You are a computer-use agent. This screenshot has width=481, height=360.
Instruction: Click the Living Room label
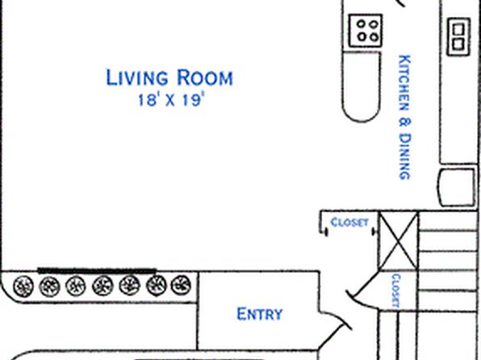pyautogui.click(x=169, y=77)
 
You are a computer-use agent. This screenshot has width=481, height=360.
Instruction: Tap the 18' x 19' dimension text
pyautogui.click(x=171, y=100)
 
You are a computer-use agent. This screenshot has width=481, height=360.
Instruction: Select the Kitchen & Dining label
pyautogui.click(x=404, y=117)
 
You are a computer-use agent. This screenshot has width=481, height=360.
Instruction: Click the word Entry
pyautogui.click(x=260, y=314)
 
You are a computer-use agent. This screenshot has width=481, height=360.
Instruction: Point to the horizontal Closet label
pyautogui.click(x=349, y=222)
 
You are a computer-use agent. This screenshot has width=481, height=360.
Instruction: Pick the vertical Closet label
pyautogui.click(x=395, y=291)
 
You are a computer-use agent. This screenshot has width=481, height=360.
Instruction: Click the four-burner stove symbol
pyautogui.click(x=366, y=31)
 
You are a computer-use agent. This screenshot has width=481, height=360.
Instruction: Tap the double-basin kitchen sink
pyautogui.click(x=458, y=37)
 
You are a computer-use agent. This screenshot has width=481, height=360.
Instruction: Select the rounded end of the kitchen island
pyautogui.click(x=361, y=114)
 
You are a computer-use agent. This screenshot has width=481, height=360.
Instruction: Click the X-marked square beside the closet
pyautogui.click(x=399, y=241)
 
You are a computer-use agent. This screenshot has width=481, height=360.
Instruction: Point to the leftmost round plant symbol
pyautogui.click(x=23, y=286)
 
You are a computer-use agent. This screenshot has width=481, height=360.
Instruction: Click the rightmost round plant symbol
pyautogui.click(x=181, y=285)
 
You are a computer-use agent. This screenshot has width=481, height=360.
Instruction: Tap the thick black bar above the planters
pyautogui.click(x=97, y=270)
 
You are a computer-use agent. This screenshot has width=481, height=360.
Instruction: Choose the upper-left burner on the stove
pyautogui.click(x=362, y=23)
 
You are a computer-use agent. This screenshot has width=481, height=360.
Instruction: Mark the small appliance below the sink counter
pyautogui.click(x=456, y=187)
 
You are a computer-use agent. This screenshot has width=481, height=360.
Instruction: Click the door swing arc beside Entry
pyautogui.click(x=339, y=317)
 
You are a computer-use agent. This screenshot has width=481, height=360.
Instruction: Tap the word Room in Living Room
pyautogui.click(x=205, y=77)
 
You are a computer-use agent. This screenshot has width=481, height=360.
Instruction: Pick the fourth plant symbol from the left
pyautogui.click(x=102, y=286)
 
